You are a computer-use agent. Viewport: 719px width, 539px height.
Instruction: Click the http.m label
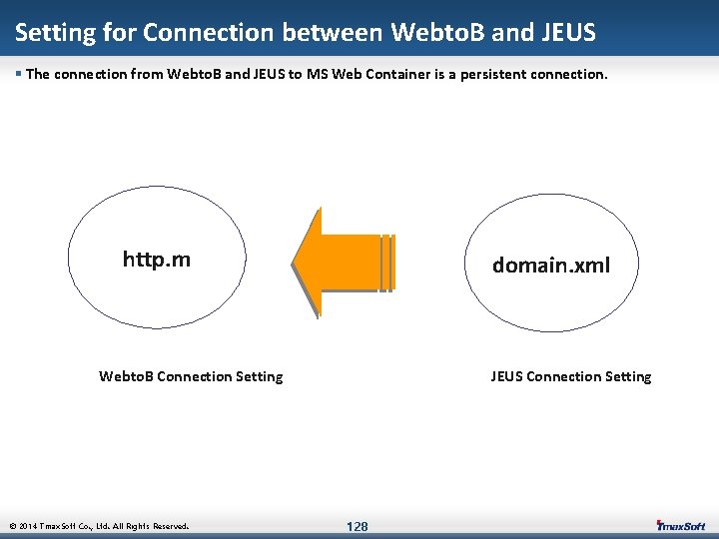156,261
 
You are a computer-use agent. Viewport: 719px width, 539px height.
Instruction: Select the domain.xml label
550,266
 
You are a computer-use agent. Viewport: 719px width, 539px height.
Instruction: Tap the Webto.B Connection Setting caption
191,376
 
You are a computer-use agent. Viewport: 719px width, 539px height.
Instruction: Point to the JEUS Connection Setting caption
570,376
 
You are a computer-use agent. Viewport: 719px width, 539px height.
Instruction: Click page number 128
357,526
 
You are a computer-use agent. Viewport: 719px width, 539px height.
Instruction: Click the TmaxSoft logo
680,526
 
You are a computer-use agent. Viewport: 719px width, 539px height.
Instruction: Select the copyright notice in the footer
98,526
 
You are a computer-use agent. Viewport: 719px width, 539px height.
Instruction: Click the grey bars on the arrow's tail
386,263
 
